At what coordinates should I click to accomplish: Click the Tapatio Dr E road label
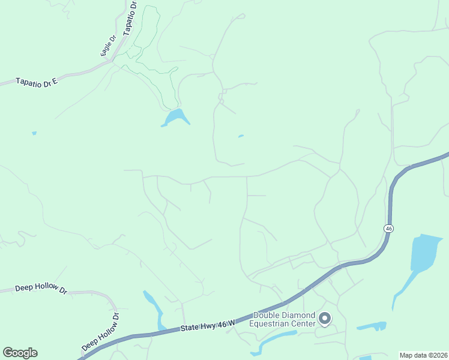(x=37, y=80)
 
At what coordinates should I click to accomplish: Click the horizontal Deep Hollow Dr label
(x=41, y=287)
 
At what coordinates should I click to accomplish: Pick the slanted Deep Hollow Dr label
(x=100, y=331)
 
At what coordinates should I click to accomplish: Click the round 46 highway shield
(x=389, y=229)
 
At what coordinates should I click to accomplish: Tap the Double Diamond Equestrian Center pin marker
(x=325, y=319)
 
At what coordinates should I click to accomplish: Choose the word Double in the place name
(x=267, y=316)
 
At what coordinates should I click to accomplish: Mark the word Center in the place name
(x=303, y=324)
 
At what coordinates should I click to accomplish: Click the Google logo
(x=20, y=353)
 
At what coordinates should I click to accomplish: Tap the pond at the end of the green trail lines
(x=176, y=117)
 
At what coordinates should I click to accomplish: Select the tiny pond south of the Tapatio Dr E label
(x=34, y=133)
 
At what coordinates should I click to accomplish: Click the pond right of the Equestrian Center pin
(x=372, y=327)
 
